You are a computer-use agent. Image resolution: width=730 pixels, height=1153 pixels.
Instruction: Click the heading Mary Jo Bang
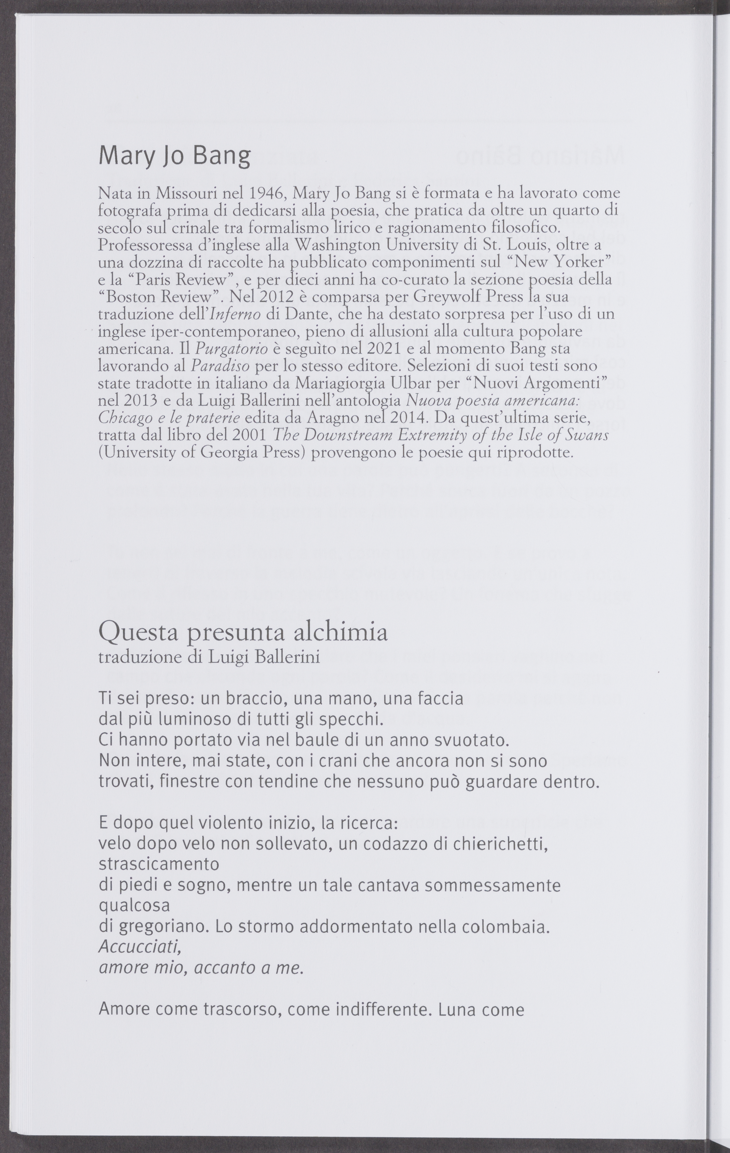pyautogui.click(x=174, y=156)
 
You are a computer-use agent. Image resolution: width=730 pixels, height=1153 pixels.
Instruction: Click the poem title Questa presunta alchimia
pyautogui.click(x=243, y=632)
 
